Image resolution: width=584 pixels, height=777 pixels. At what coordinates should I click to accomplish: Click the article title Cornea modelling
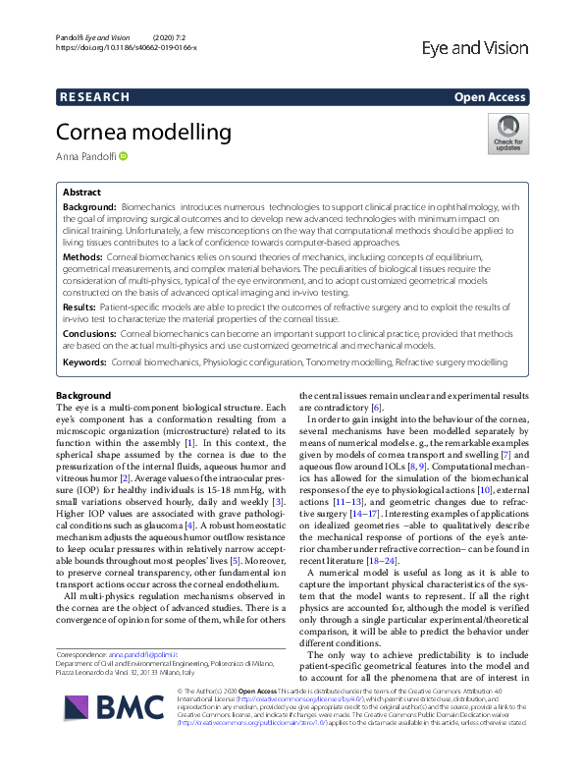coord(142,131)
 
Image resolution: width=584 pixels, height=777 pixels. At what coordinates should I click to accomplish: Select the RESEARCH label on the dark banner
coord(93,97)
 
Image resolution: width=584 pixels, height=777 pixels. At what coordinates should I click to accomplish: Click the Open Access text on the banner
coord(492,97)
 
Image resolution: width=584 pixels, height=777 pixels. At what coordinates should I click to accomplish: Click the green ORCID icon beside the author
coord(125,157)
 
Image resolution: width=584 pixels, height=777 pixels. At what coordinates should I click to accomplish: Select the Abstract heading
coord(81,194)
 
